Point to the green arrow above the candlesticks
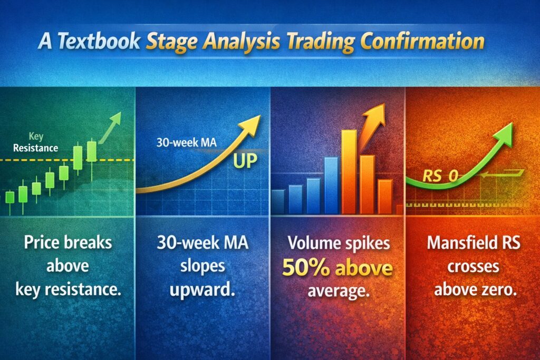111,127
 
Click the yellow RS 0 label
440,176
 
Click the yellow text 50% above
337,268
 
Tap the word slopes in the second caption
202,267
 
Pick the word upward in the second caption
202,289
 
